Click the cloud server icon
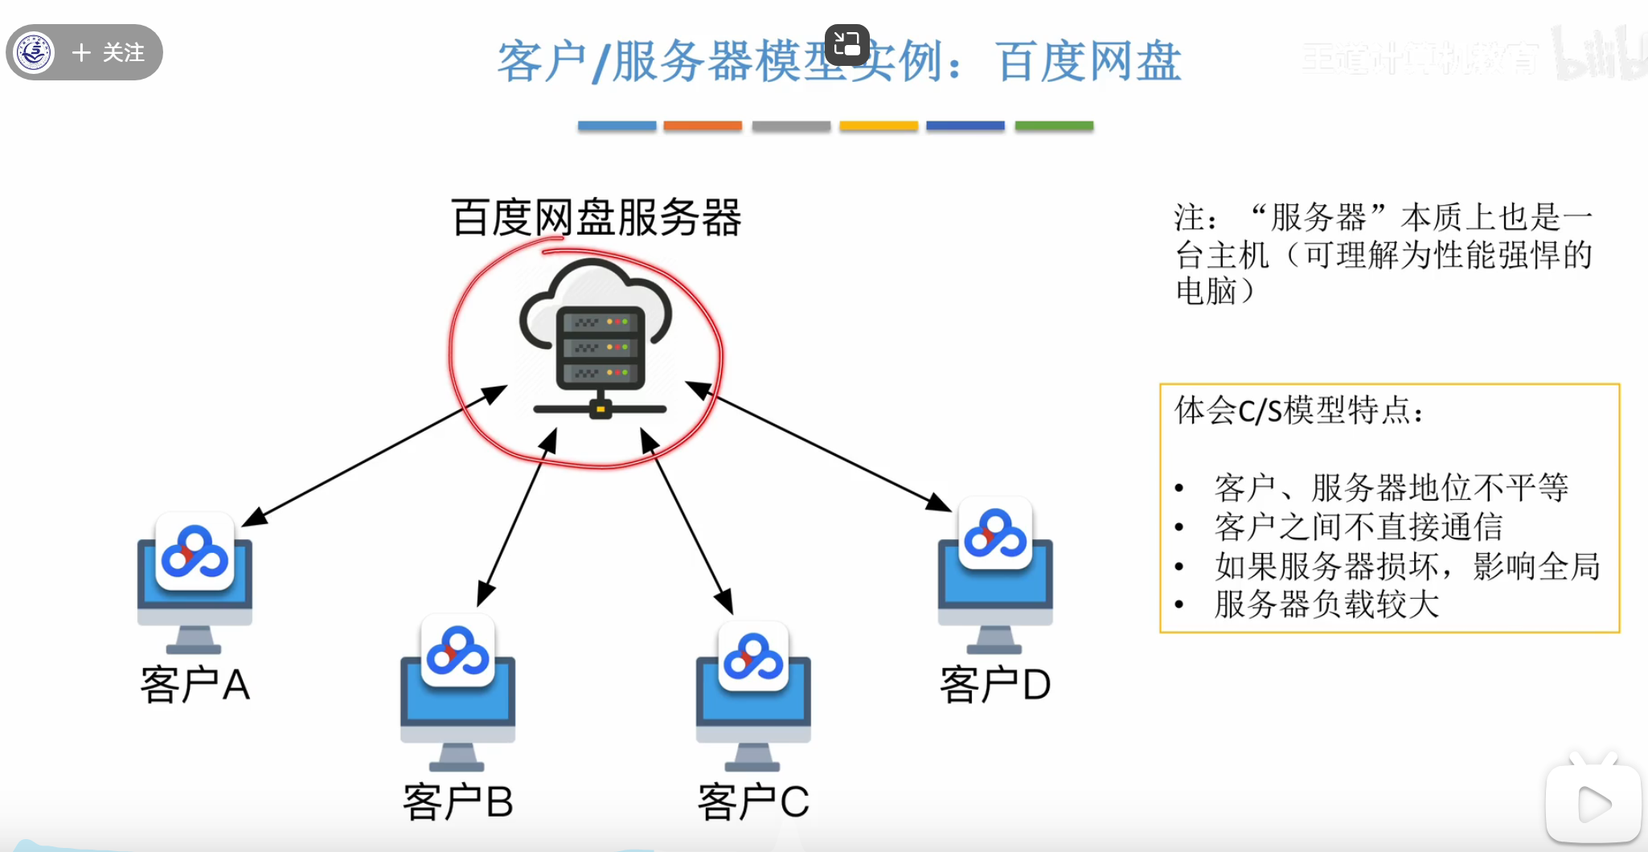click(x=596, y=338)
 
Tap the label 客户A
click(x=195, y=686)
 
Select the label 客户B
click(x=457, y=802)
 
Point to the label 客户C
click(x=753, y=802)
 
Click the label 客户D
click(x=995, y=686)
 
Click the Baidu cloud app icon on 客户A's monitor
click(x=195, y=552)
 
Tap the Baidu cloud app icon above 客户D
click(x=995, y=534)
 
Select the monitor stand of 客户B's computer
click(x=457, y=756)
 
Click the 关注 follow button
click(x=109, y=53)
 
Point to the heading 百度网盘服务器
click(x=596, y=218)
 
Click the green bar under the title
click(x=1054, y=126)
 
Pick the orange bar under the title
click(x=703, y=126)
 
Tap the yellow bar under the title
click(x=879, y=126)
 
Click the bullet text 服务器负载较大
click(x=1326, y=604)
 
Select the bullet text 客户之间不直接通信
click(x=1359, y=527)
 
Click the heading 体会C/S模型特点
click(x=1298, y=411)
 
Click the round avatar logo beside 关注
click(x=35, y=53)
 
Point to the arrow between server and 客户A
click(x=374, y=456)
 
